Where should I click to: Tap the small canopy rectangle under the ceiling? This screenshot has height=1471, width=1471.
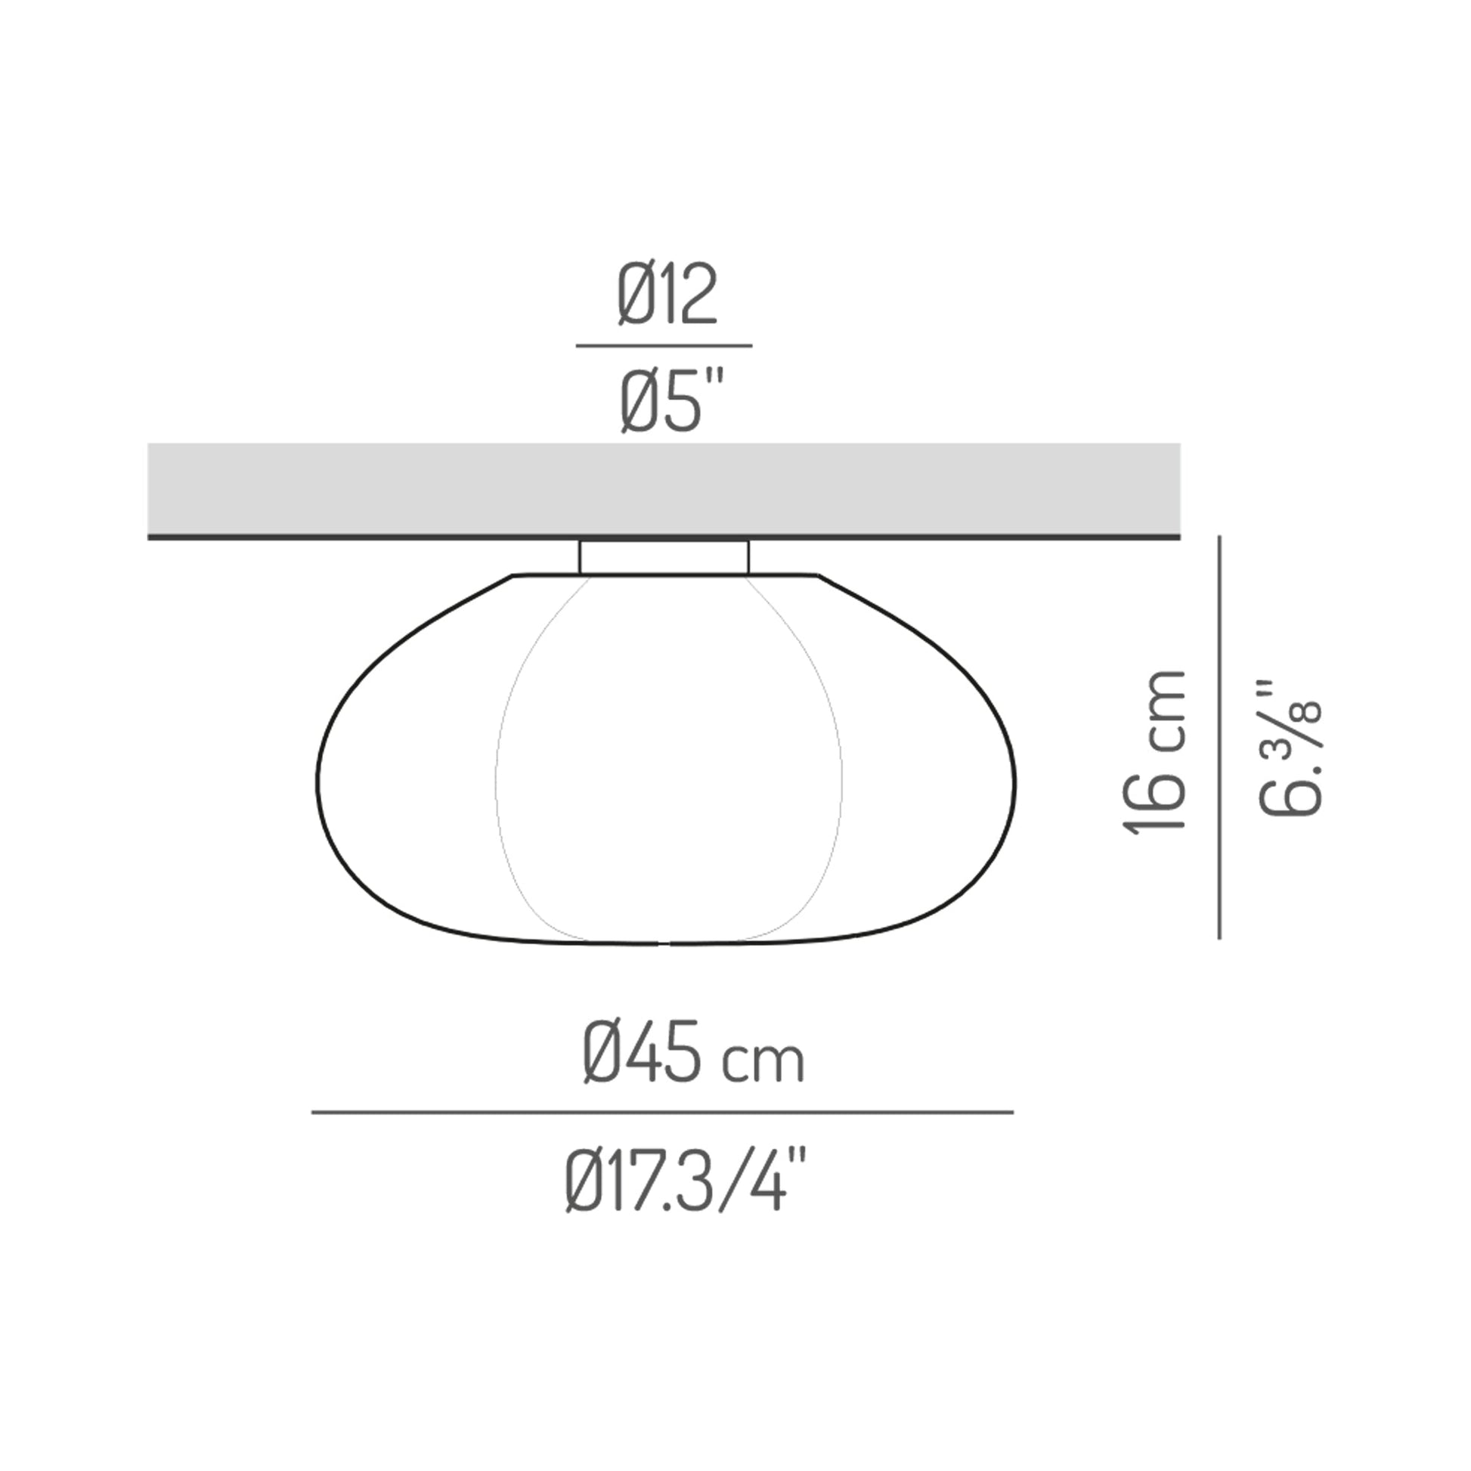(663, 557)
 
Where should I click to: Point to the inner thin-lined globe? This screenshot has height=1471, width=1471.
(668, 761)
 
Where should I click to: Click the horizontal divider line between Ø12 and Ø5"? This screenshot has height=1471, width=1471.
(663, 345)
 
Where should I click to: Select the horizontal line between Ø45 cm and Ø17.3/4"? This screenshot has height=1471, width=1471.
(661, 1113)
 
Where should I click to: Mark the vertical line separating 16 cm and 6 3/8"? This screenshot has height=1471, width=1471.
(1219, 737)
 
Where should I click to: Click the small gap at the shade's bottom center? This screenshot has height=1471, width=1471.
(664, 944)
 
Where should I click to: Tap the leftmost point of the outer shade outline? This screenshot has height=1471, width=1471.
(317, 780)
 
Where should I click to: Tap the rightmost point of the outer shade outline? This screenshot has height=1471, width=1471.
(1015, 780)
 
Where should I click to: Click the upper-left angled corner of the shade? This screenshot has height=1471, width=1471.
(513, 575)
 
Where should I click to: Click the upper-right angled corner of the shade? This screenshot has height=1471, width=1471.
(819, 575)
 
